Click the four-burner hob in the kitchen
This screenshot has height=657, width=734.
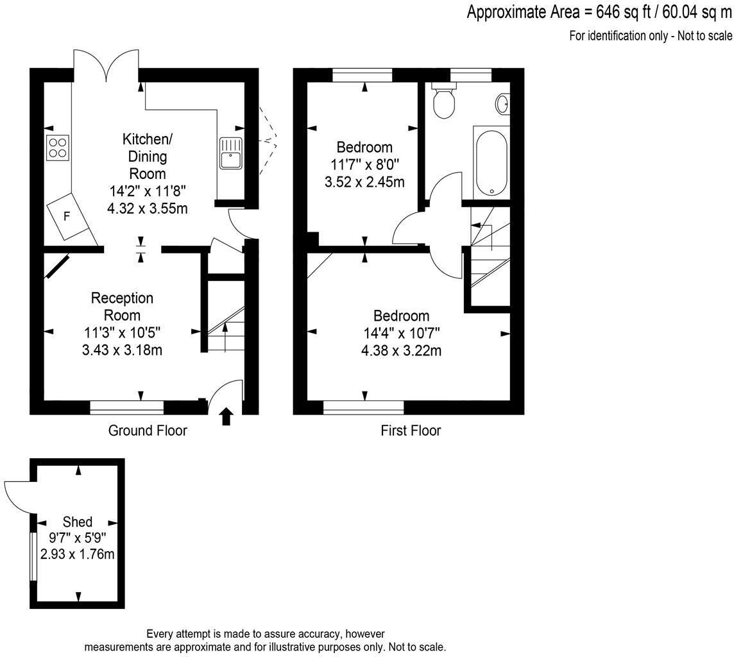[x=58, y=148]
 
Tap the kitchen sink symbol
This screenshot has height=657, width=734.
[x=230, y=154]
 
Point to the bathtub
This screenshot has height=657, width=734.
[x=491, y=162]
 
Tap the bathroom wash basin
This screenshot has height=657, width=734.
[x=502, y=103]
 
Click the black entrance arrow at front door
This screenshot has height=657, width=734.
[x=226, y=416]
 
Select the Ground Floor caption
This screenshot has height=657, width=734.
[x=148, y=431]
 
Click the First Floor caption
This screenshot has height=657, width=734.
[x=411, y=431]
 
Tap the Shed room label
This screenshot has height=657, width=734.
[x=77, y=522]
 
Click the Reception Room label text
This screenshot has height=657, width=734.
[x=122, y=307]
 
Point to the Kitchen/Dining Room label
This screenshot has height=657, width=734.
[x=148, y=156]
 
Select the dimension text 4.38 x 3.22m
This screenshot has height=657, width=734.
[x=402, y=350]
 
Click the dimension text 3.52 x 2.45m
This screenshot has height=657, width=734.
[x=365, y=182]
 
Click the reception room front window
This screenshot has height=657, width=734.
[x=126, y=407]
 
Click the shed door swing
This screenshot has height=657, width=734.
[x=17, y=495]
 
